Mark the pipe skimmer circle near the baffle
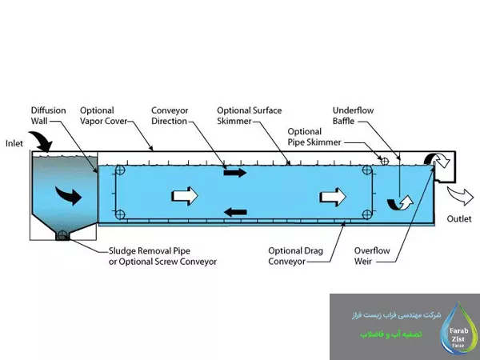(384, 161)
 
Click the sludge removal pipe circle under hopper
(61, 236)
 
